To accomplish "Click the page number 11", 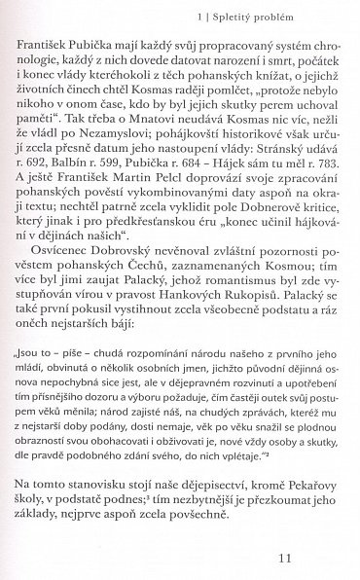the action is tap(313, 559).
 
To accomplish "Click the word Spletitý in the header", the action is tap(257, 16).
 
